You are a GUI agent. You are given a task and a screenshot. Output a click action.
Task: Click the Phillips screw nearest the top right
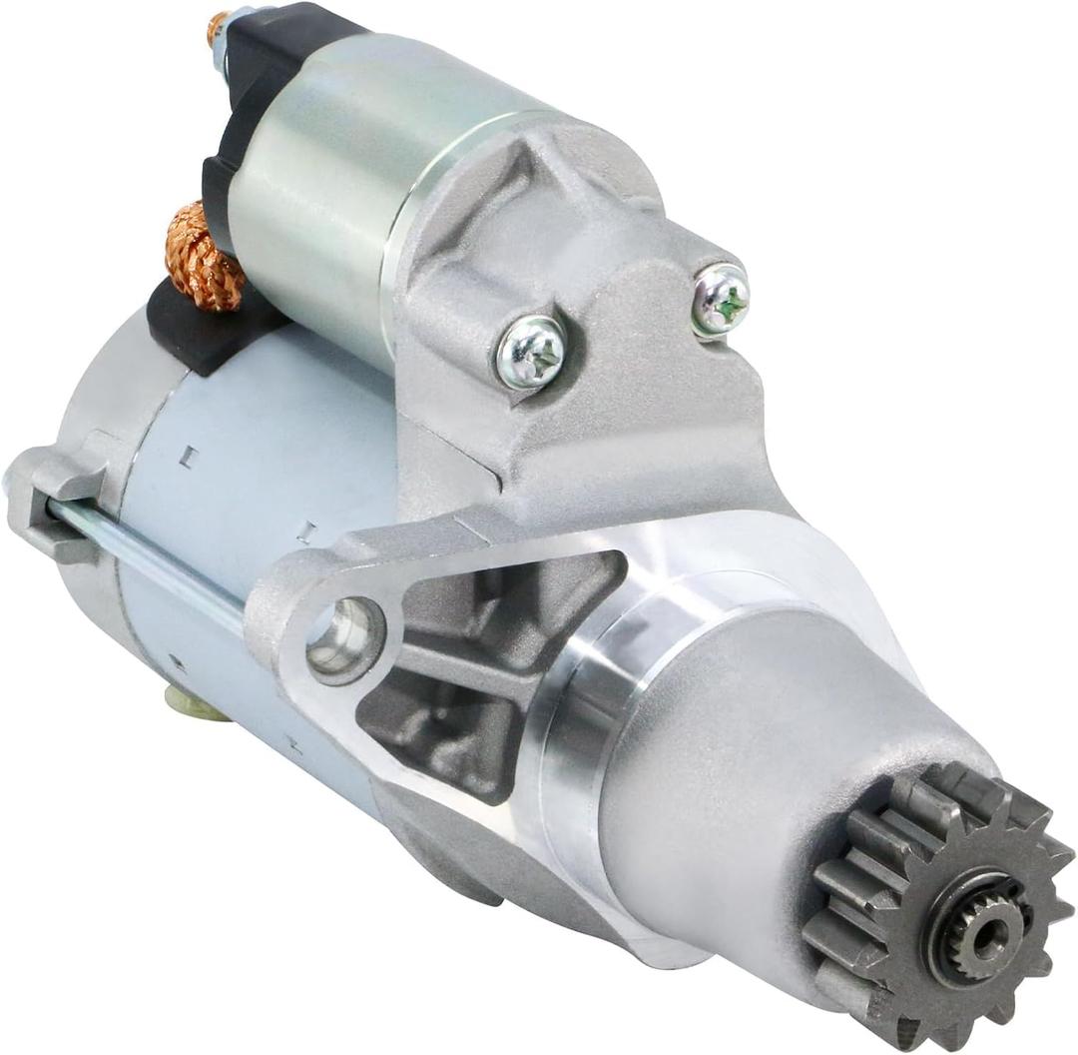[x=720, y=298]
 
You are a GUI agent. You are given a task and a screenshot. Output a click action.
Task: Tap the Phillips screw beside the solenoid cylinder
[x=531, y=351]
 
